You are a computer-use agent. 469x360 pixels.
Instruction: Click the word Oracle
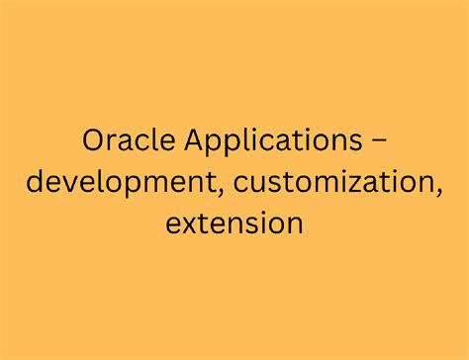click(125, 142)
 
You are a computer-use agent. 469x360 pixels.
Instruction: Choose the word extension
click(234, 223)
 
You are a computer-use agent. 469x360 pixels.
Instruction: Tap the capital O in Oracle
click(93, 142)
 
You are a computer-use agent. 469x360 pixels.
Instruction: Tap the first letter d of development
click(37, 183)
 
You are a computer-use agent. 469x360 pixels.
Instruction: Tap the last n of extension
click(294, 224)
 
